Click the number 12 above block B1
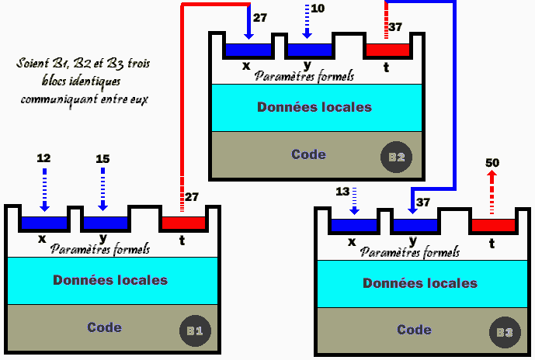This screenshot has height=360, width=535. click(x=43, y=158)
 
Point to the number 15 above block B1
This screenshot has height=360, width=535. click(x=102, y=158)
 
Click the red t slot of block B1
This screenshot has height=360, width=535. click(x=183, y=223)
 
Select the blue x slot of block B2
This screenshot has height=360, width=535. click(x=248, y=50)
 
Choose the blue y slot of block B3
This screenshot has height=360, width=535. click(x=415, y=226)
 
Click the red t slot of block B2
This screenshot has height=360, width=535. click(x=387, y=50)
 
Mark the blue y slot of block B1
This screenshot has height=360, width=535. click(x=104, y=223)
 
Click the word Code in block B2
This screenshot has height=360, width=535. click(x=308, y=154)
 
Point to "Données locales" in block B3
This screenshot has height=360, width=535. click(x=420, y=283)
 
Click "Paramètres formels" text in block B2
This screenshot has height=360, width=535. click(x=304, y=76)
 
